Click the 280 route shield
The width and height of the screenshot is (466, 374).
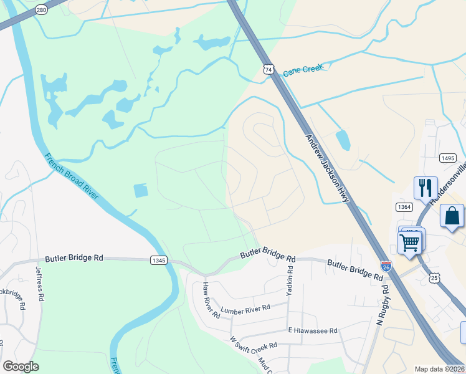tap(41, 10)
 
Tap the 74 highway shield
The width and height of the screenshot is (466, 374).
tap(268, 70)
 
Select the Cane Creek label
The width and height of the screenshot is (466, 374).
tap(303, 70)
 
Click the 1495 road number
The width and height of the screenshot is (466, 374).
tap(447, 159)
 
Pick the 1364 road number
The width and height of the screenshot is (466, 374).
tap(404, 206)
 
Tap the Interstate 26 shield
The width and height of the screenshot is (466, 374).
tap(386, 266)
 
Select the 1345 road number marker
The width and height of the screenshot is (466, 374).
tap(158, 259)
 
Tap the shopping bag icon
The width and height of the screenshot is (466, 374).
tap(452, 216)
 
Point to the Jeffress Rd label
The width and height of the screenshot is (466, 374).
tap(39, 284)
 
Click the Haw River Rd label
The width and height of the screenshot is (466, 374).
tap(211, 299)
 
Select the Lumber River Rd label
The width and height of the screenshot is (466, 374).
tap(245, 309)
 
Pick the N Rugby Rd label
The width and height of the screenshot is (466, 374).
tap(383, 306)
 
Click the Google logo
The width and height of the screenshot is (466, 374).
tap(21, 367)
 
